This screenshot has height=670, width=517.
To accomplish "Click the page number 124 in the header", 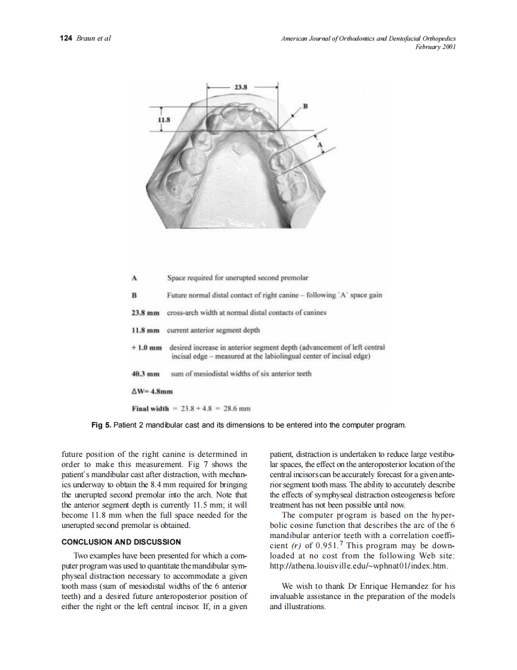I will (66, 38).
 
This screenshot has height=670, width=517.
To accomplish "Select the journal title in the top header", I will (368, 38).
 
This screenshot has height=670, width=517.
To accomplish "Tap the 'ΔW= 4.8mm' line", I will (152, 392).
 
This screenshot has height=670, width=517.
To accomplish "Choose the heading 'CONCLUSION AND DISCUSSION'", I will (121, 542).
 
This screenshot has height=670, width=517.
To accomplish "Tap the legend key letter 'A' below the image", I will (134, 278).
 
